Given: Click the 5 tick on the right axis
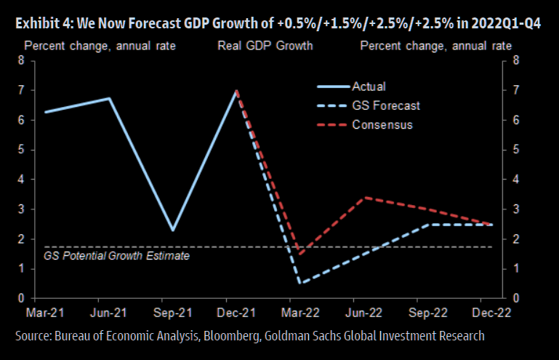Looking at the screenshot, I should point(515,150).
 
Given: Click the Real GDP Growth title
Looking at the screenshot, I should point(265,47).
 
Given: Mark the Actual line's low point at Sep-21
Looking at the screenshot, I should point(172,231).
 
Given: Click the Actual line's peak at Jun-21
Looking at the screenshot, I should point(109,98).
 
